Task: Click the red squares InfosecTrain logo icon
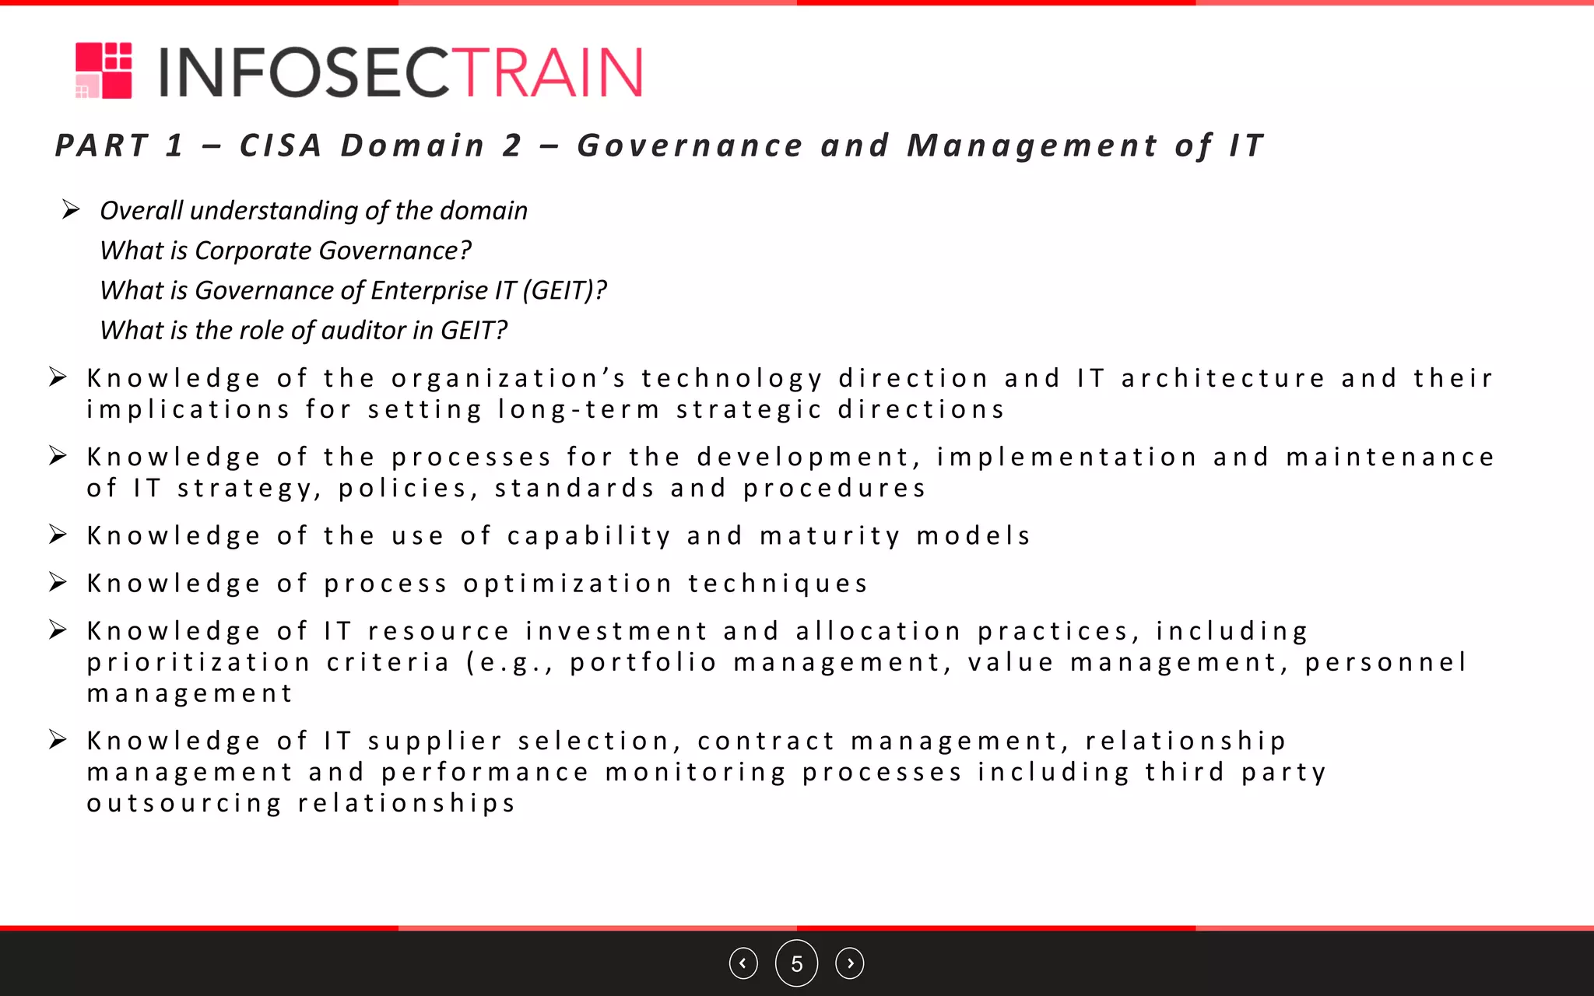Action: [x=104, y=71]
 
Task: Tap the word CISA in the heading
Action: [x=280, y=146]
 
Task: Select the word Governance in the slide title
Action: [x=690, y=146]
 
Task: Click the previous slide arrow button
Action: [x=743, y=963]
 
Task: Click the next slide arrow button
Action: [x=849, y=963]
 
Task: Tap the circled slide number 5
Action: [x=796, y=963]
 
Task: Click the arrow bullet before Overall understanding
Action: [x=70, y=209]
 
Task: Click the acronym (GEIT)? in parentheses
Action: [x=564, y=290]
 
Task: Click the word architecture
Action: [x=1223, y=378]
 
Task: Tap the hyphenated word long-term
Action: [x=579, y=409]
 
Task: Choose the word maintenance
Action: [x=1390, y=457]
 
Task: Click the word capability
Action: [x=589, y=536]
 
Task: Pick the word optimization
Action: [x=568, y=584]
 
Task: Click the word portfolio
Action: [x=644, y=662]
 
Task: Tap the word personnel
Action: [x=1386, y=662]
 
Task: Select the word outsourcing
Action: [x=184, y=803]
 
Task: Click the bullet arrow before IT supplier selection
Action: [x=58, y=739]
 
